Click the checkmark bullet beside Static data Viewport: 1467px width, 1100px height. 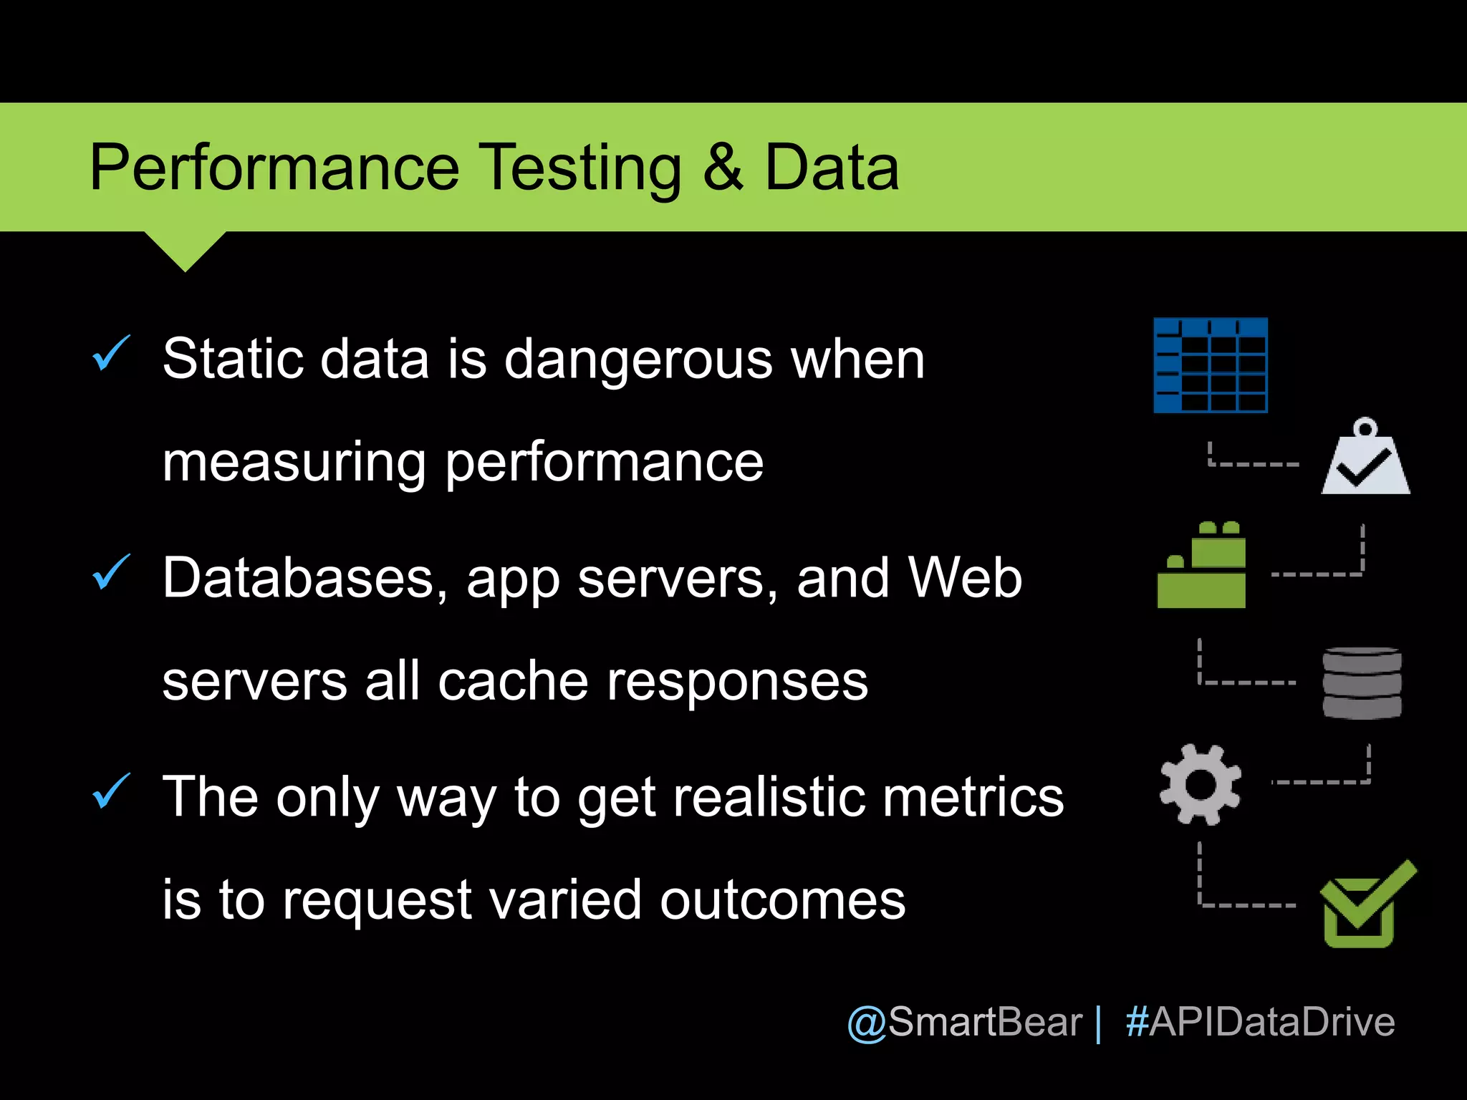click(111, 354)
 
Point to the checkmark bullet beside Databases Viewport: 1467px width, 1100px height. click(111, 573)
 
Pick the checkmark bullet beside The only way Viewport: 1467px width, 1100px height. click(111, 792)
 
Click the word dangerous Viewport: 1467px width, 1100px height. click(638, 360)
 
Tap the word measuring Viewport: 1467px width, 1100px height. click(294, 464)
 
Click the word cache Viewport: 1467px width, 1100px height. click(513, 681)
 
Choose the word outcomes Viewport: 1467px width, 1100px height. click(782, 900)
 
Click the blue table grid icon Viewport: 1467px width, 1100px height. click(1211, 365)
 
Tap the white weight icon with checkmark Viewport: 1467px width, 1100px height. click(1365, 460)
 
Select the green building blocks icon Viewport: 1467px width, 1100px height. click(1202, 566)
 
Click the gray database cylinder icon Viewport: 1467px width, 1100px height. click(1362, 682)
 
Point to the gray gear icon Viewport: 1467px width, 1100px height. click(1201, 785)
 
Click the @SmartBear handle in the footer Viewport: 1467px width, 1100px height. click(964, 1022)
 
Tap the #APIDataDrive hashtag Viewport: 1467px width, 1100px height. click(1260, 1022)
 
